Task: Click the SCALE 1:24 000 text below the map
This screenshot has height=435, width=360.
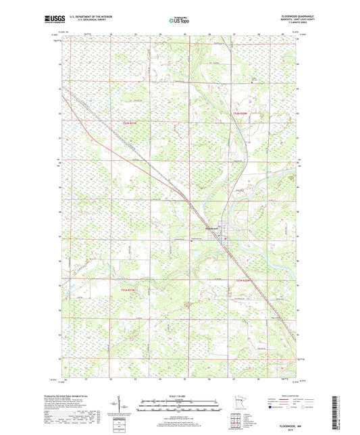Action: point(180,395)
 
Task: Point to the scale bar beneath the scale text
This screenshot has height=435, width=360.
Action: point(180,400)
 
